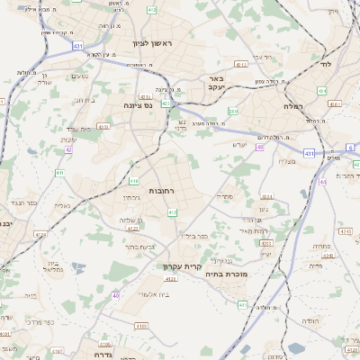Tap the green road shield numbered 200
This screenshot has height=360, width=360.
click(x=233, y=111)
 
